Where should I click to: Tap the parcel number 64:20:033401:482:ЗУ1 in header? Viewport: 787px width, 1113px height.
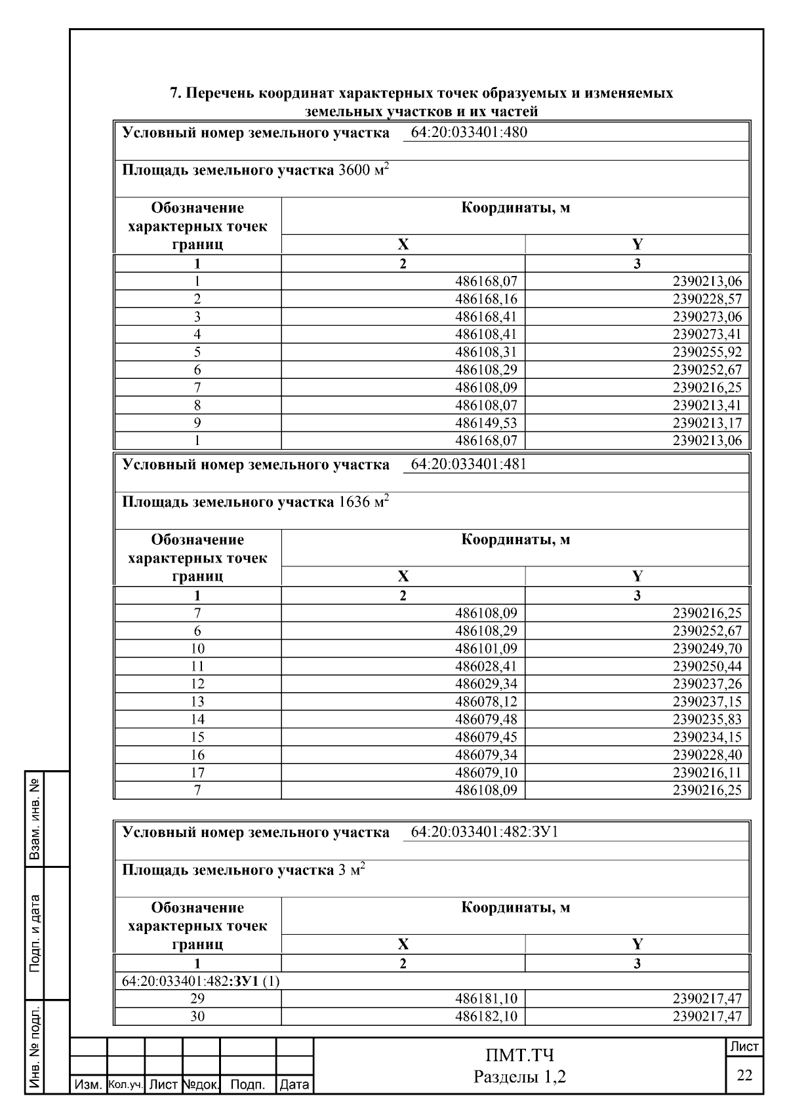(x=484, y=832)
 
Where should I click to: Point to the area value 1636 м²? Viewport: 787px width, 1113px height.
(x=363, y=503)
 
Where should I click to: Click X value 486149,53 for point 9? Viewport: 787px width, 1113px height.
(x=486, y=423)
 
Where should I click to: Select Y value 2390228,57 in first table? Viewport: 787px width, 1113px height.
(x=707, y=299)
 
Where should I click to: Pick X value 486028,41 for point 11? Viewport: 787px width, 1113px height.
(x=486, y=667)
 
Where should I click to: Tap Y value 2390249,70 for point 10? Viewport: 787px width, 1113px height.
(x=707, y=649)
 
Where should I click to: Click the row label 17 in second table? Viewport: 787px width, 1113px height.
(x=197, y=773)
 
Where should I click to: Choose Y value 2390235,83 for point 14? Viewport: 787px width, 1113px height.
(x=707, y=720)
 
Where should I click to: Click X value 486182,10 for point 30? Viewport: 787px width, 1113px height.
(x=486, y=1017)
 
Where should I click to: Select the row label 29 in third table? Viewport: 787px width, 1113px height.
(x=197, y=999)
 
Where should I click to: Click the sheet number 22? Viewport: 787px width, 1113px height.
(x=744, y=1075)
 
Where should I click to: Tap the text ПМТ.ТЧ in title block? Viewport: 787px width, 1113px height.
(x=519, y=1056)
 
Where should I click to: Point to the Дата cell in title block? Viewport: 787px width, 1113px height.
(x=294, y=1085)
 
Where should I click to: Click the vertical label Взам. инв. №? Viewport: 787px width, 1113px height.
(x=36, y=819)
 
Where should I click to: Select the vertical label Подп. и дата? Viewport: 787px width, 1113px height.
(x=36, y=933)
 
